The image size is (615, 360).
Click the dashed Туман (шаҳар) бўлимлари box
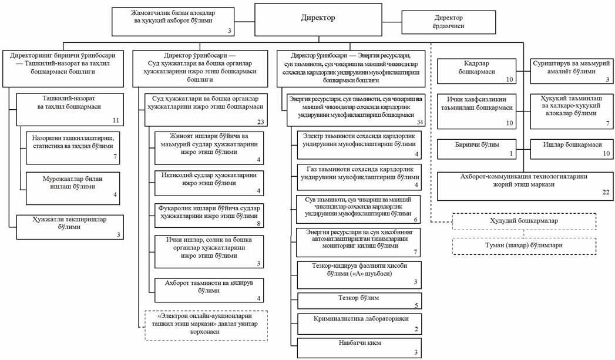pyautogui.click(x=524, y=245)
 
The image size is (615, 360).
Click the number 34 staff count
pyautogui.click(x=418, y=122)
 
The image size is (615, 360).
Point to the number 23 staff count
pyautogui.click(x=261, y=122)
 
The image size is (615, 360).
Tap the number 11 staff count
pyautogui.click(x=116, y=120)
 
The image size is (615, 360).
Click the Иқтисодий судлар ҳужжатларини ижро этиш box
pyautogui.click(x=210, y=179)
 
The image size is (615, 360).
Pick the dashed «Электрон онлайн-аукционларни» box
pyautogui.click(x=206, y=324)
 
